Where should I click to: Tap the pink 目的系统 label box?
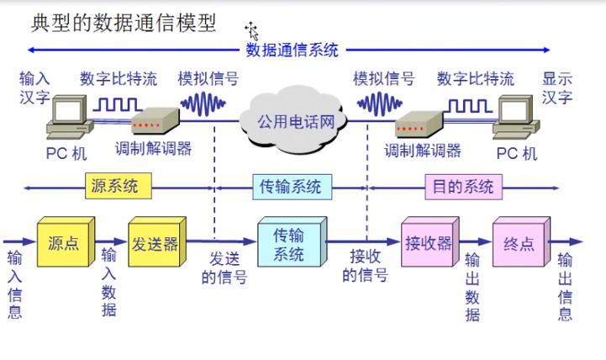[462, 186]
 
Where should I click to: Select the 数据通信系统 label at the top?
[292, 50]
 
